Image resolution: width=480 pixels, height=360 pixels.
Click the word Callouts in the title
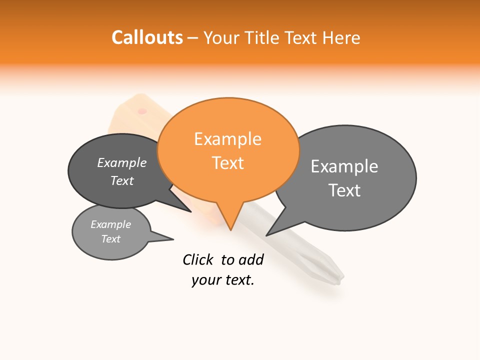click(147, 37)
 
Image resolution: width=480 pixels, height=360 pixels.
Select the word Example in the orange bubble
click(227, 139)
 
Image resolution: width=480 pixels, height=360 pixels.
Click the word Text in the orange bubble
click(227, 163)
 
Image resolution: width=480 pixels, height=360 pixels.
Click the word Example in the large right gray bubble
click(344, 166)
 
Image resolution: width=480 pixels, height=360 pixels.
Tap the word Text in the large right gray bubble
click(344, 190)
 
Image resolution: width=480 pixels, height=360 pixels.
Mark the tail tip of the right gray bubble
click(267, 235)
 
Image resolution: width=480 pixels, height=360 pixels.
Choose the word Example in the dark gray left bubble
click(122, 163)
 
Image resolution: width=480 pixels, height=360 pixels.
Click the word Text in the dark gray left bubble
click(122, 180)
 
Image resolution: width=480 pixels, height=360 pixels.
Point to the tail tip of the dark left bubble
click(190, 211)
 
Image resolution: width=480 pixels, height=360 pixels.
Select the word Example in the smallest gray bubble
click(110, 224)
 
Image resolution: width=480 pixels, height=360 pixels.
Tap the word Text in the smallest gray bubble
click(110, 239)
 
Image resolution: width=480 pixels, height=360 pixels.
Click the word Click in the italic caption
click(197, 259)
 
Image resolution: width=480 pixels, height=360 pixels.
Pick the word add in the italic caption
click(250, 259)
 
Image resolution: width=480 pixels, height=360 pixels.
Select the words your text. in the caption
click(222, 280)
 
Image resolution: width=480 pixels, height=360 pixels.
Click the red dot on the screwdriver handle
click(142, 111)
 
